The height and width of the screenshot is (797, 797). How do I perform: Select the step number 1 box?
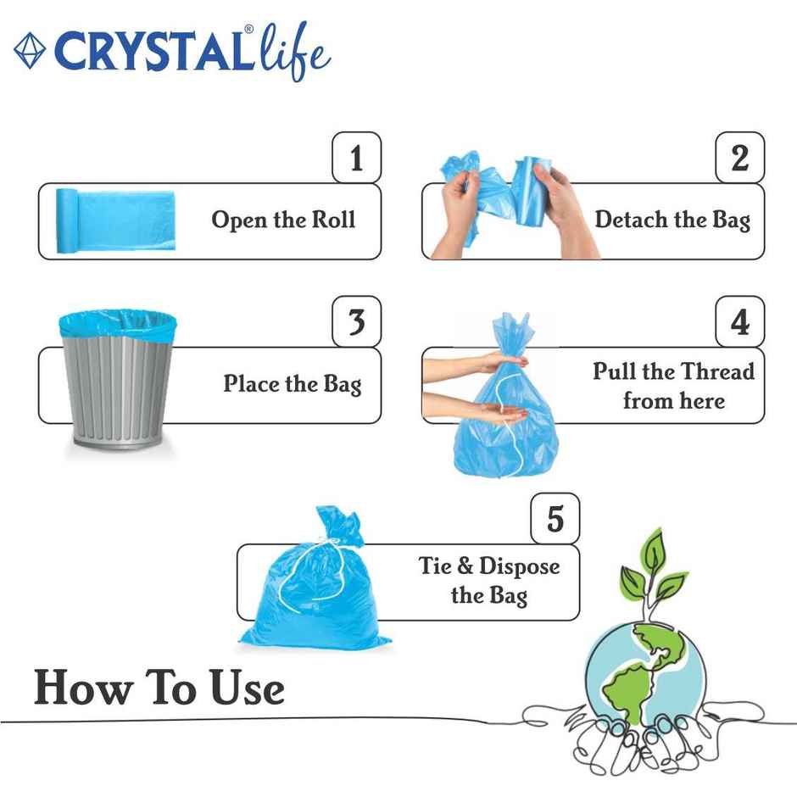point(356,158)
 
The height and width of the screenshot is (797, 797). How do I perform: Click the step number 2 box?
point(739,158)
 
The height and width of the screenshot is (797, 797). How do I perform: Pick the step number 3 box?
point(356,322)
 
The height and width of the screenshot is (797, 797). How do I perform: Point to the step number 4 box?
point(739,322)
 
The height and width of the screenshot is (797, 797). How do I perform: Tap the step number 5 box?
point(555,518)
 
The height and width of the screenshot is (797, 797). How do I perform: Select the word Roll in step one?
point(332,220)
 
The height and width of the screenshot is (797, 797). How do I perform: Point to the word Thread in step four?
point(711,371)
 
